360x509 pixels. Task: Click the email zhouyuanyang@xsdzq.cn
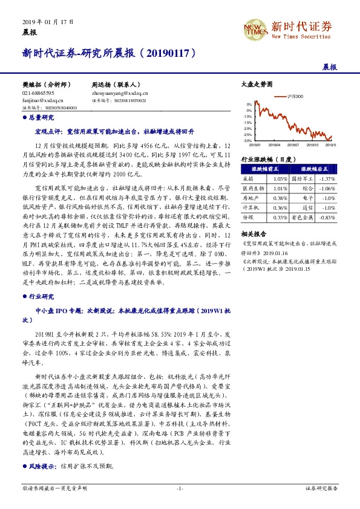click(120, 94)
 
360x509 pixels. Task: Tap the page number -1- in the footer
click(180, 487)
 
